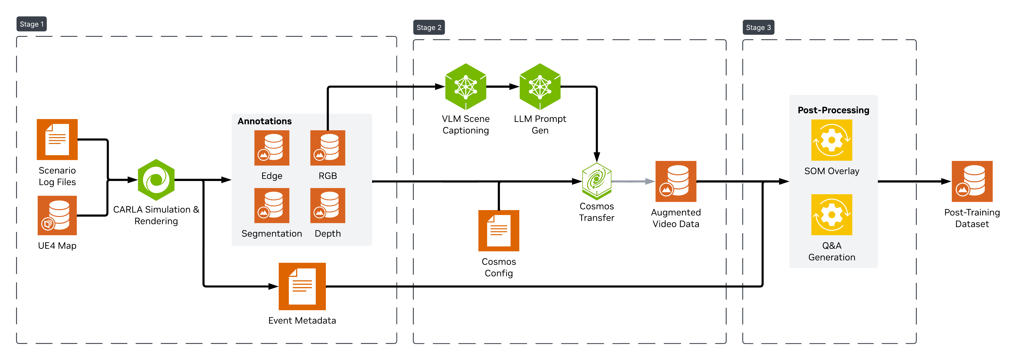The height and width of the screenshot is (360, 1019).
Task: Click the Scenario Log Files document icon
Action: pos(57,140)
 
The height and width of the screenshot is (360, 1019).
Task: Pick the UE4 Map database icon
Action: pos(57,216)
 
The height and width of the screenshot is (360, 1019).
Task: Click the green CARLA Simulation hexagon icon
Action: pos(156,180)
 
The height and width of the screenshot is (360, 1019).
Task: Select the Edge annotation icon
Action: pos(272,148)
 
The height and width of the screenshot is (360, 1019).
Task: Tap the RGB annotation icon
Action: pos(328,148)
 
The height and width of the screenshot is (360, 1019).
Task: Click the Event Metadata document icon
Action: pos(302,286)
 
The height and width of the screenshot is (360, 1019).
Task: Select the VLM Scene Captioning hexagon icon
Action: pos(466,87)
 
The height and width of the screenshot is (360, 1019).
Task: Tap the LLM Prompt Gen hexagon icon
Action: pos(540,87)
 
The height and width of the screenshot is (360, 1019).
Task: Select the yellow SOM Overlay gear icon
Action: pos(832,140)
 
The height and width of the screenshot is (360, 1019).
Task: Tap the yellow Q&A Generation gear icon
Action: pos(832,215)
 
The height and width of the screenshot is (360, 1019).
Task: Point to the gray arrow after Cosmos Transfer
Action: pos(633,182)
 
